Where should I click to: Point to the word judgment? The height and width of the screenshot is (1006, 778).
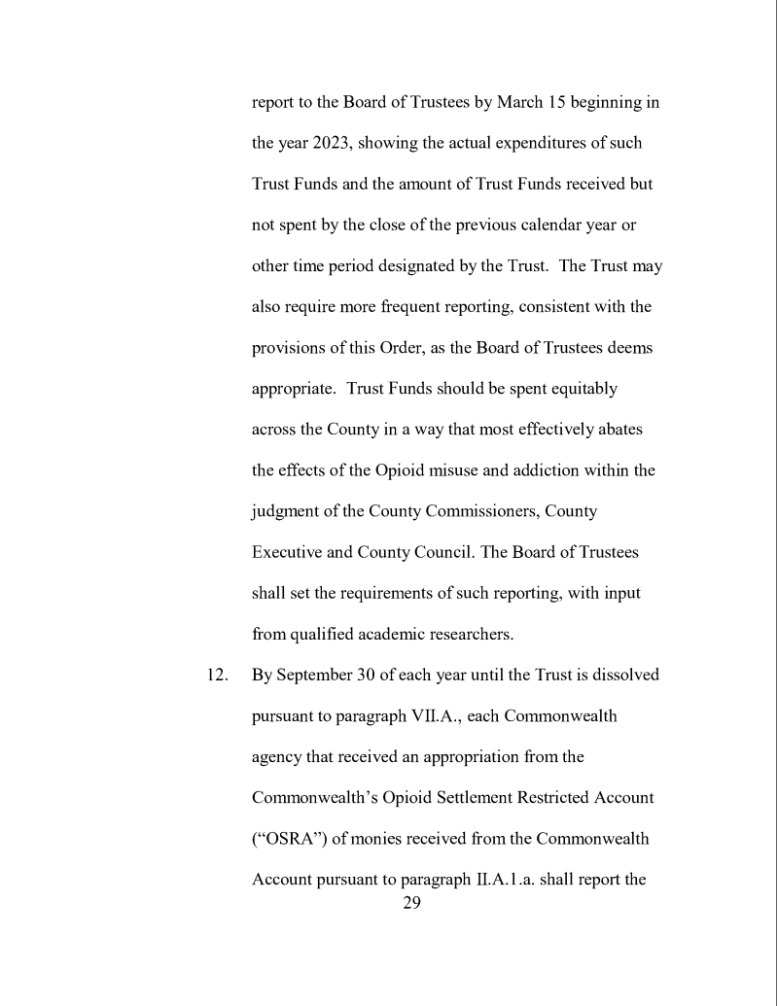click(292, 511)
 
